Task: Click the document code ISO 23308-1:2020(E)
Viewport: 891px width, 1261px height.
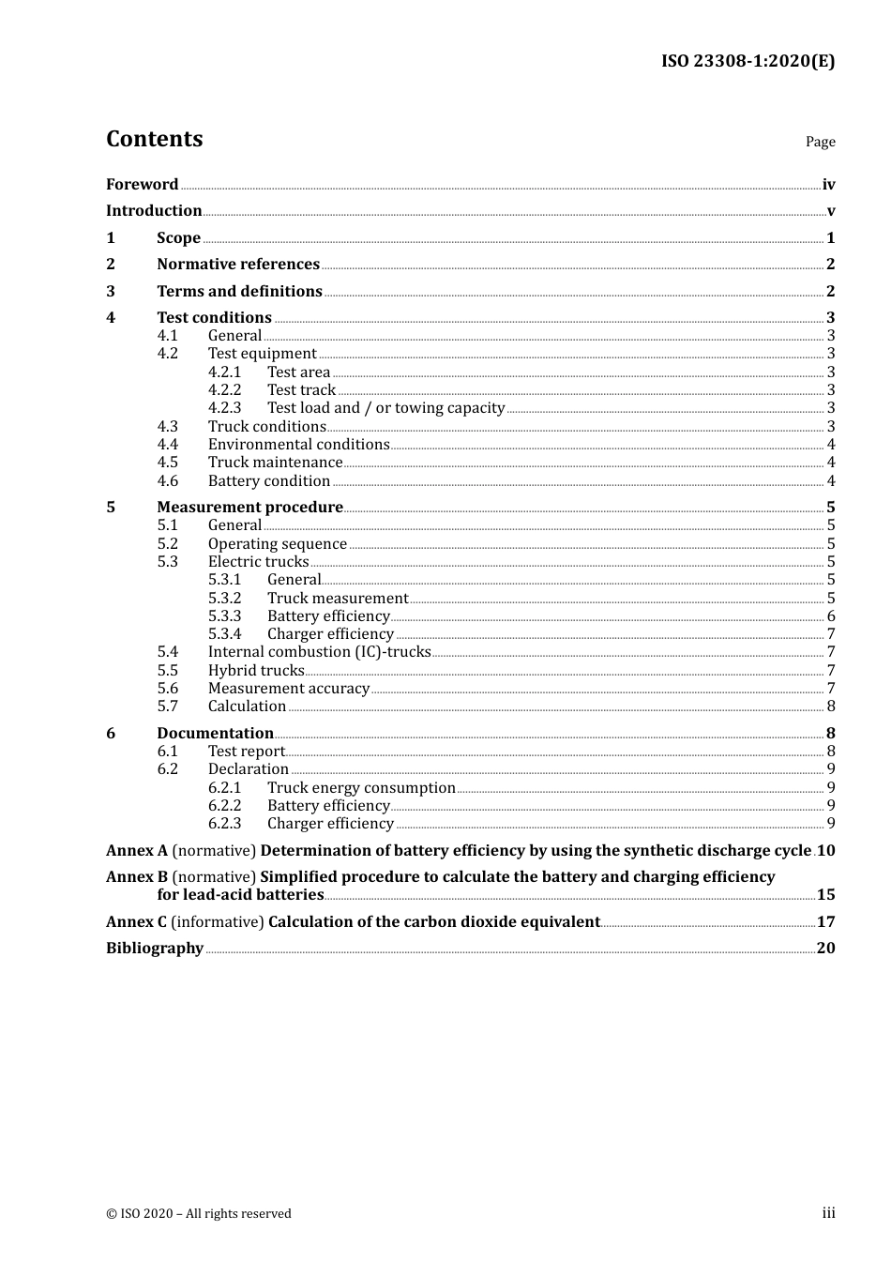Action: [748, 62]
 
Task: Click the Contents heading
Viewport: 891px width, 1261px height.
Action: [154, 139]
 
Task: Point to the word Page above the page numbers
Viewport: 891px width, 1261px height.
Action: [820, 142]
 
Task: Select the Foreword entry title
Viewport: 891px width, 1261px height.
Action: [142, 185]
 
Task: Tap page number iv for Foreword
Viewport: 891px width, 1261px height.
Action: [828, 185]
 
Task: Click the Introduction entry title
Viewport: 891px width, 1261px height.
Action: [154, 211]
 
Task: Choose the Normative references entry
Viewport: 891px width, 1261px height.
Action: [238, 265]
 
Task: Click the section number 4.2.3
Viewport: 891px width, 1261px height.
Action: [224, 408]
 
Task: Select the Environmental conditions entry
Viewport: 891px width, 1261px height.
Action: [298, 445]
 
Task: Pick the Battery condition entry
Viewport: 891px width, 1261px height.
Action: [269, 481]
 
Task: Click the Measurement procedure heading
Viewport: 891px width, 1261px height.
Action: [249, 508]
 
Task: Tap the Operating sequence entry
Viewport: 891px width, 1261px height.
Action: [278, 544]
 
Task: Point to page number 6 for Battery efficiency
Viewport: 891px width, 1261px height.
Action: [831, 616]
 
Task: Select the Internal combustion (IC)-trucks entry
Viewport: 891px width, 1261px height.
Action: [319, 652]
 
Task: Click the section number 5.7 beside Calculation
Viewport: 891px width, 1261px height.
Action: [167, 706]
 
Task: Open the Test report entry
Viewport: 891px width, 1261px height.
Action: [246, 752]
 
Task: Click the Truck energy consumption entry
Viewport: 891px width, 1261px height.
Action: [361, 788]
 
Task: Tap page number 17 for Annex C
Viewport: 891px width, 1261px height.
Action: [825, 922]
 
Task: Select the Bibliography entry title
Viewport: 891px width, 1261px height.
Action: [155, 949]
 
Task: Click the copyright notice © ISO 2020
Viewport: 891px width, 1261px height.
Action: [199, 1214]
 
